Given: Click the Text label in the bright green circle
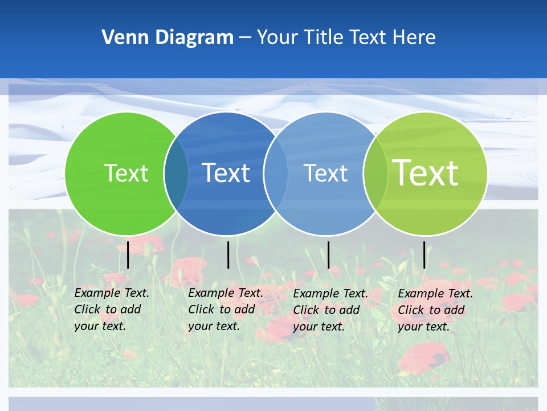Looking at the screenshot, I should point(126,173).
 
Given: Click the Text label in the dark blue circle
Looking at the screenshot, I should point(226,173).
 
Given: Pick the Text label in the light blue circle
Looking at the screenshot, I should point(325,173).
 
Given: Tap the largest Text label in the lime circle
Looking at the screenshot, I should point(425,173).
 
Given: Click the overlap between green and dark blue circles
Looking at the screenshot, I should point(176,173).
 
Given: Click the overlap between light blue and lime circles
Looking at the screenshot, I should point(375,173).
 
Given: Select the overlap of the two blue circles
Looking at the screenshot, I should point(275,173).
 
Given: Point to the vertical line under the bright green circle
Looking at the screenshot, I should point(128,255).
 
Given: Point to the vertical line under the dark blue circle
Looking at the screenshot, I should point(228,255).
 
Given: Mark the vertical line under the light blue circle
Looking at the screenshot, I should point(328,255).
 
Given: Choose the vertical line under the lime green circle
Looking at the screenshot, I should point(424,255).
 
